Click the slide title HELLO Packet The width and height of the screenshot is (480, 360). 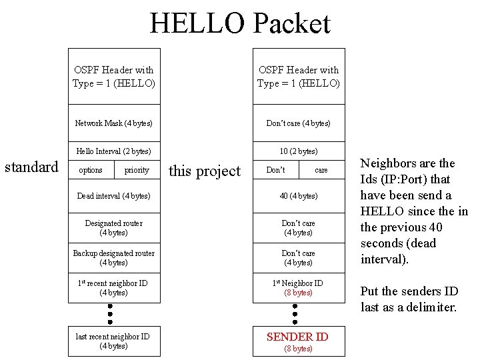pyautogui.click(x=239, y=23)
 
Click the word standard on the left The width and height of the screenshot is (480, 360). pyautogui.click(x=31, y=167)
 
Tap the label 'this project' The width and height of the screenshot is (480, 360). pyautogui.click(x=204, y=171)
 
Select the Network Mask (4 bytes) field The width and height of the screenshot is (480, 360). pyautogui.click(x=113, y=123)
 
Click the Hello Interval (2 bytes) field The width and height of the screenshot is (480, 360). pyautogui.click(x=113, y=151)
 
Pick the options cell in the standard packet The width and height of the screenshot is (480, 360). pyautogui.click(x=91, y=170)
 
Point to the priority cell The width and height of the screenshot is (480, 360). pyautogui.click(x=137, y=170)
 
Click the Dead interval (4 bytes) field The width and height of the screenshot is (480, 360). pyautogui.click(x=113, y=196)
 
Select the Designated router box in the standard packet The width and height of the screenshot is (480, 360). pyautogui.click(x=113, y=228)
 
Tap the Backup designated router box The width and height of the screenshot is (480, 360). pyautogui.click(x=113, y=257)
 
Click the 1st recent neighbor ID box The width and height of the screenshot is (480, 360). pyautogui.click(x=113, y=287)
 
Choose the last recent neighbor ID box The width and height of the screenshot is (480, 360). pyautogui.click(x=113, y=341)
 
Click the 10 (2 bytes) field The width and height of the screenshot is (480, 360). pyautogui.click(x=298, y=151)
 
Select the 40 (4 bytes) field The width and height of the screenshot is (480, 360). pyautogui.click(x=298, y=196)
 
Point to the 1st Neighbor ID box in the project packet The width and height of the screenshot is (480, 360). pyautogui.click(x=298, y=287)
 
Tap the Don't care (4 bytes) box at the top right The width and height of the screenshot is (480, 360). pyautogui.click(x=298, y=123)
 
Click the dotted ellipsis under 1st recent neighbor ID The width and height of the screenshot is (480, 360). pyautogui.click(x=110, y=313)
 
